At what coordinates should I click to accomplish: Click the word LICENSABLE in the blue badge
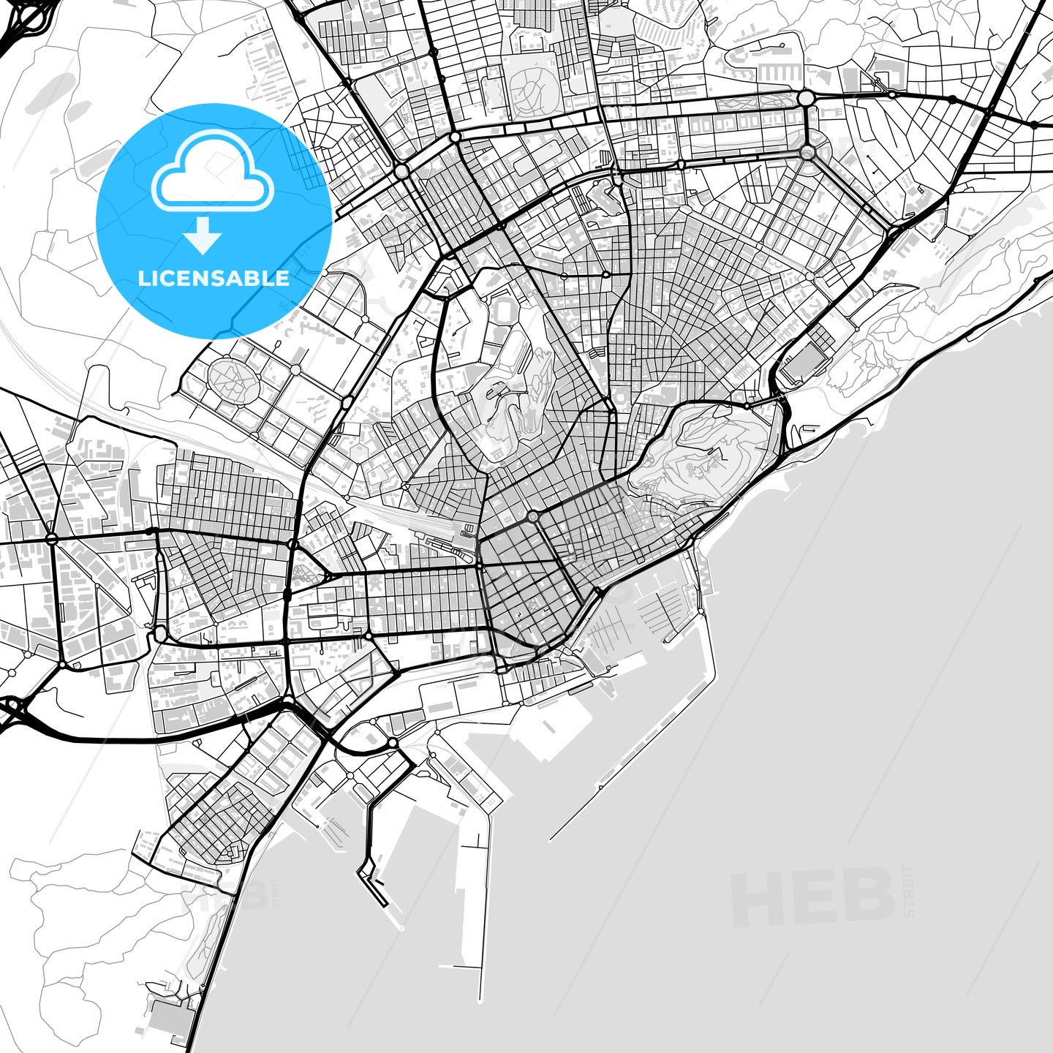click(214, 278)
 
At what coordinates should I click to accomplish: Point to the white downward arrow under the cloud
click(203, 235)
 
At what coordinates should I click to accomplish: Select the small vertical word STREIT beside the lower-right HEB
click(908, 891)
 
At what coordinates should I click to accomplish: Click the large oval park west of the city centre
click(232, 377)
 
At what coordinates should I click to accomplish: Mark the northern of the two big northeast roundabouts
click(806, 98)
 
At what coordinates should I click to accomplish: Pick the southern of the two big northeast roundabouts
click(807, 153)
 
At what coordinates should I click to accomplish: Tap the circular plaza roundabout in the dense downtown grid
click(532, 516)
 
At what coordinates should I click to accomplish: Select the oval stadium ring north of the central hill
click(504, 311)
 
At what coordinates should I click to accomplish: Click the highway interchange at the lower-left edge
click(13, 709)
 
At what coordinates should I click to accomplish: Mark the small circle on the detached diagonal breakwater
click(600, 788)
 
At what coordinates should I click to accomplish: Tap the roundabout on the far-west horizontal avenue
click(51, 538)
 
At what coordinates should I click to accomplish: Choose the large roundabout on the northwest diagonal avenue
click(401, 171)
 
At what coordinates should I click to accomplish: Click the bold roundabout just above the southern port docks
click(393, 743)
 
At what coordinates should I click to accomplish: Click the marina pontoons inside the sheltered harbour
click(658, 607)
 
